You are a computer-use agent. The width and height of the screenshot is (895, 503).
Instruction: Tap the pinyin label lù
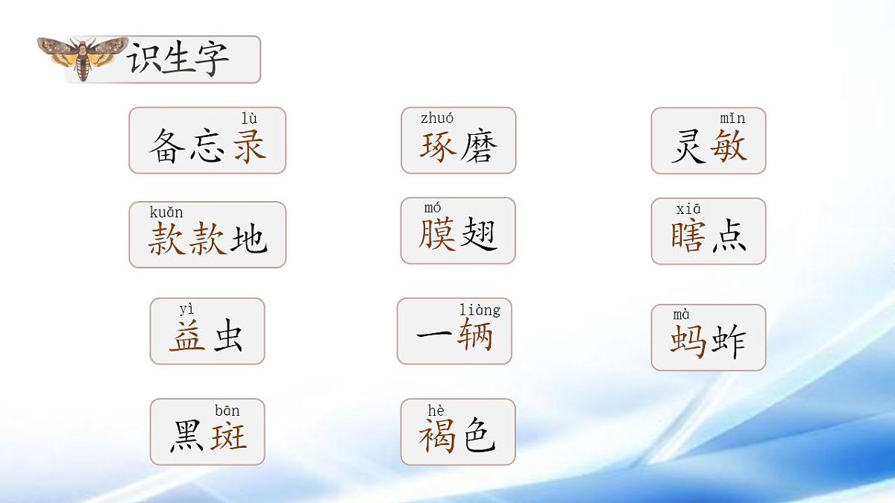pos(249,118)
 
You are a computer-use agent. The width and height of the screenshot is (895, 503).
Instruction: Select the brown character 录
pos(249,145)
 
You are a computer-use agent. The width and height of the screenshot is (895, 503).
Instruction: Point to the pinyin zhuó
pos(437,118)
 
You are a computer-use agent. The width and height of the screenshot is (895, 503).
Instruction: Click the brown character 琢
pos(438,145)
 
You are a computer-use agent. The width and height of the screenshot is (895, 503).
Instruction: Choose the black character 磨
pos(478,145)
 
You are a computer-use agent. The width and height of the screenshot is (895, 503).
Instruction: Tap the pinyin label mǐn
pos(732,118)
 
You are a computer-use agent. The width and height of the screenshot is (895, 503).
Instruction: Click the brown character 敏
pos(728,145)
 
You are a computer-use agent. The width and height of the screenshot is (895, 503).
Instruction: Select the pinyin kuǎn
pos(166,212)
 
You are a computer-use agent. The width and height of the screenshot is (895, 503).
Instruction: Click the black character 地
pos(248,239)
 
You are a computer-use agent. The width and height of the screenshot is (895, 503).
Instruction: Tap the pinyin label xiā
pos(688,209)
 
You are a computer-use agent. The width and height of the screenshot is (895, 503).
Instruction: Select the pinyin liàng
pos(480,309)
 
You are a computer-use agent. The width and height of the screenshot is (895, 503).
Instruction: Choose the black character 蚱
pos(728,341)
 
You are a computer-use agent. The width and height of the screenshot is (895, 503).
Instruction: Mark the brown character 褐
pos(437,436)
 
